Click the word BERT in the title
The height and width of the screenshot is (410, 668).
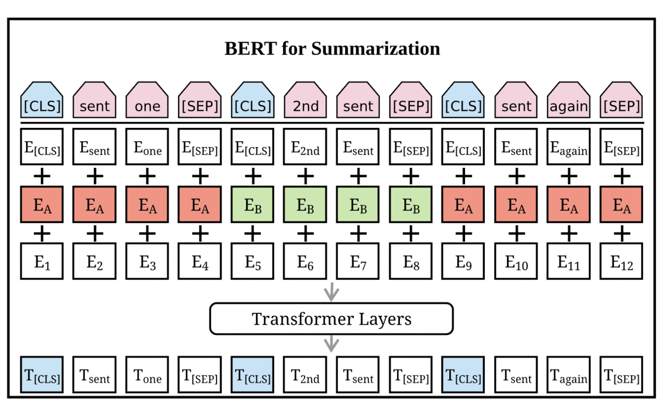(x=250, y=48)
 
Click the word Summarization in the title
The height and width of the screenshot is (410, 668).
(x=376, y=48)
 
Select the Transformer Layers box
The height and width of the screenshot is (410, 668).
(x=331, y=318)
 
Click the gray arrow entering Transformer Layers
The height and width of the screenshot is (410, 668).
(x=331, y=292)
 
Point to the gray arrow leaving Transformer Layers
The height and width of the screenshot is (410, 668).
(x=331, y=344)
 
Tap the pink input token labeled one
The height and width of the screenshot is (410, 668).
(x=147, y=100)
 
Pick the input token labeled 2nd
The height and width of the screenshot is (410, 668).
(x=305, y=100)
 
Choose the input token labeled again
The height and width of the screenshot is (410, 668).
(x=568, y=100)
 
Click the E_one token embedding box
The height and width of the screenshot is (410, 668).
(x=147, y=147)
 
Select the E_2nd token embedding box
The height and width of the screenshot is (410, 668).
(x=305, y=147)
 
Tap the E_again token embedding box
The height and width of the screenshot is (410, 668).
(x=568, y=147)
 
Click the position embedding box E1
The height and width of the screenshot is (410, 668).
(x=42, y=261)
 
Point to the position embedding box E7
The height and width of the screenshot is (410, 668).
(x=358, y=261)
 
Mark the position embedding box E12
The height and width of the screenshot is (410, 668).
(x=621, y=261)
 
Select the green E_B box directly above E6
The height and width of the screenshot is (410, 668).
(x=305, y=205)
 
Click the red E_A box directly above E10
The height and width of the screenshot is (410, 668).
(x=516, y=205)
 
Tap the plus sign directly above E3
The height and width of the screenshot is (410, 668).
(x=147, y=233)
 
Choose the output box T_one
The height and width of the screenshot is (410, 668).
(x=147, y=374)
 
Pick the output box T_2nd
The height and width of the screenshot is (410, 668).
(x=305, y=374)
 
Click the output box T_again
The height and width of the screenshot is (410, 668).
(x=568, y=374)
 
